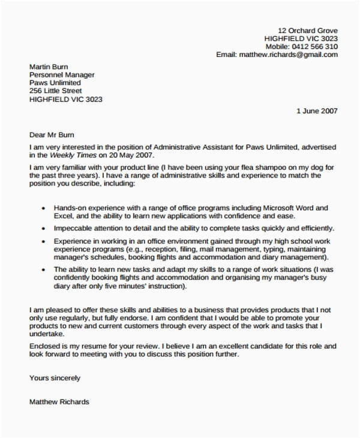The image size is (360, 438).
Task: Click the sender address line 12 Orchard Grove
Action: coord(308,30)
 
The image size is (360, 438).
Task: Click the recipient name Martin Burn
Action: coord(49,67)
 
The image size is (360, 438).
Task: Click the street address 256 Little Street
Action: coord(59,92)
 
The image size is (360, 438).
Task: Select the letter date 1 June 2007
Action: coord(317,111)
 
